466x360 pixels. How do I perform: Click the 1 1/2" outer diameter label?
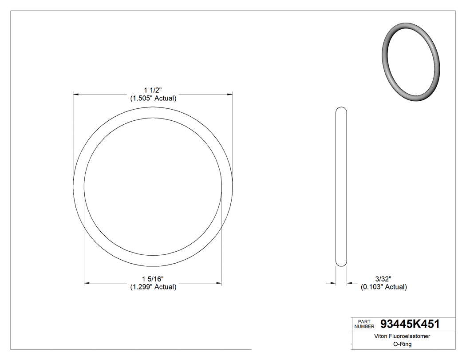click(153, 91)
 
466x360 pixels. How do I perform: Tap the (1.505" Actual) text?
click(153, 99)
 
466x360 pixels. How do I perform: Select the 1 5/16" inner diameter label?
click(153, 279)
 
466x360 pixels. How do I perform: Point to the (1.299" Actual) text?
click(153, 287)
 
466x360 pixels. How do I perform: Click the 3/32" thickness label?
click(383, 279)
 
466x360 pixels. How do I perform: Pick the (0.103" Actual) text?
click(383, 287)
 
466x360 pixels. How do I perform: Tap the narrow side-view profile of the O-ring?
click(341, 186)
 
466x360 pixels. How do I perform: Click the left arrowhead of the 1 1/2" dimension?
click(76, 95)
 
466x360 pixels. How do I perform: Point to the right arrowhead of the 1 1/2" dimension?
click(230, 95)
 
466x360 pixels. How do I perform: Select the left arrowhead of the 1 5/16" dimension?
click(87, 283)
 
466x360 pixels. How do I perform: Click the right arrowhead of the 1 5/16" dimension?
click(219, 283)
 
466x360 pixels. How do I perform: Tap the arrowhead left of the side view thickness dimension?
click(332, 283)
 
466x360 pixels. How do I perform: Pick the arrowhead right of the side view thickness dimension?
click(349, 283)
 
